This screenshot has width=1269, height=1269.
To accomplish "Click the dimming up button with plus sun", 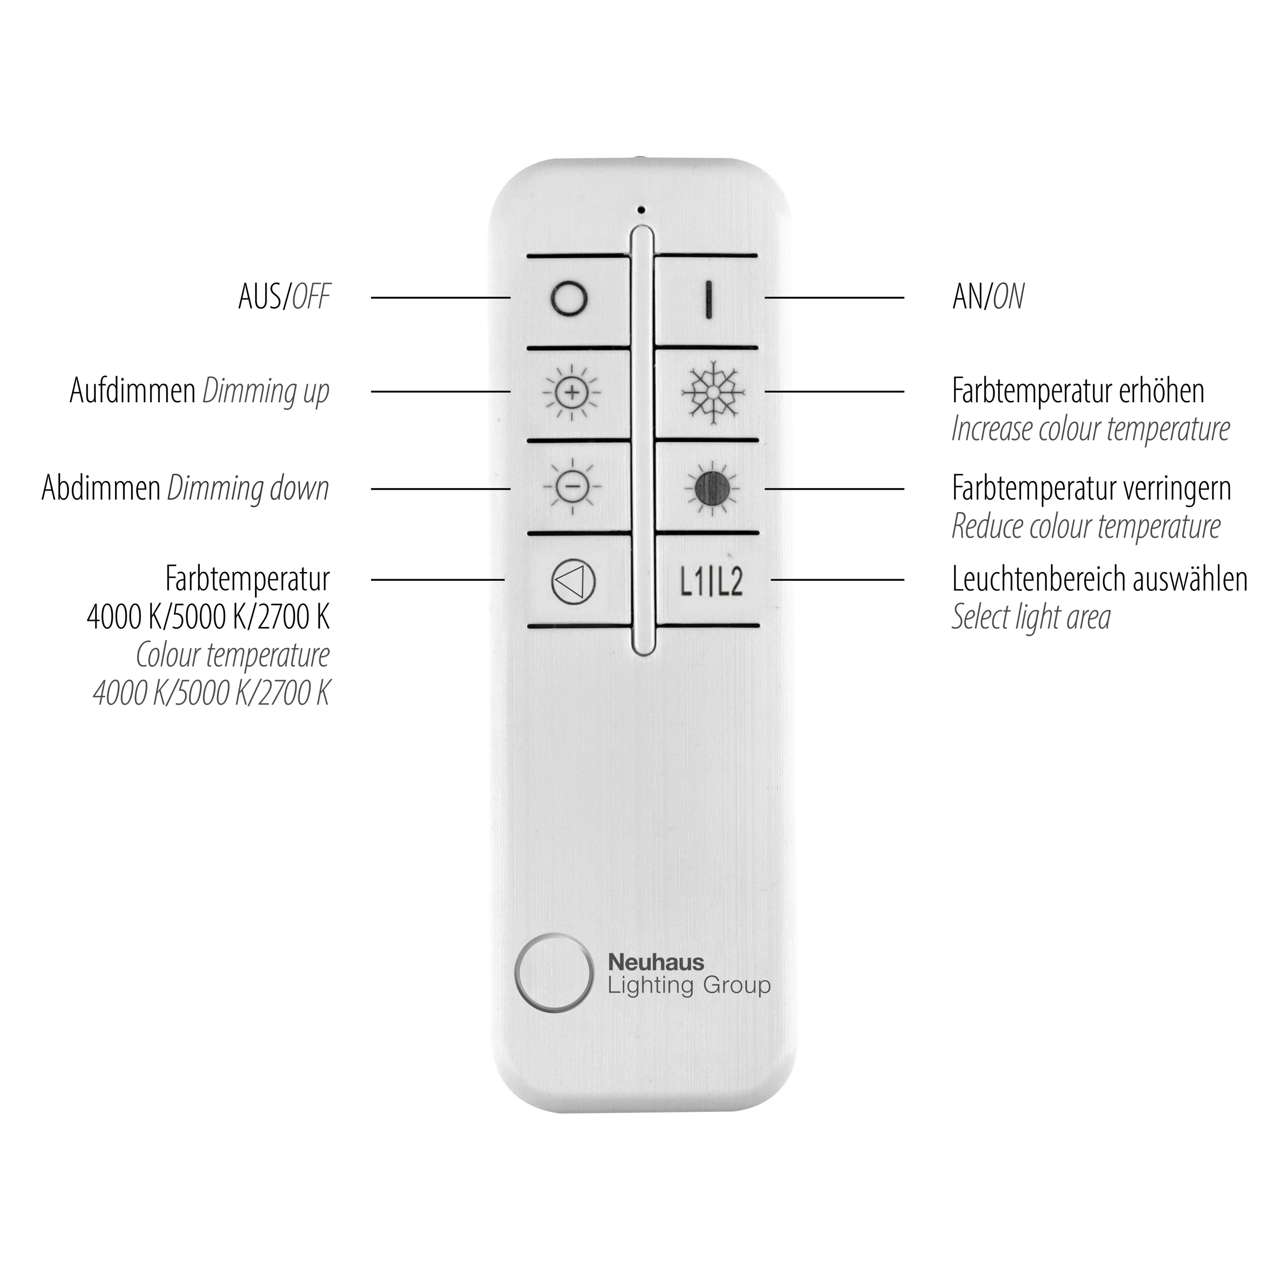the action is pyautogui.click(x=571, y=393).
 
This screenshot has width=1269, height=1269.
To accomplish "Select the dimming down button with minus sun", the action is pyautogui.click(x=571, y=486).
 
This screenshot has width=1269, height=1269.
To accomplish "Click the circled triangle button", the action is pyautogui.click(x=574, y=581).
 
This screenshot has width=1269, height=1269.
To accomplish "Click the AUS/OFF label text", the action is pyautogui.click(x=284, y=297).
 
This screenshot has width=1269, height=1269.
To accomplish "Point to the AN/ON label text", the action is pyautogui.click(x=988, y=297).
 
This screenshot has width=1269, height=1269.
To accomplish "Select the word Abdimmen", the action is pyautogui.click(x=101, y=488).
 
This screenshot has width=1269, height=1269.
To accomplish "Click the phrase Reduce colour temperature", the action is pyautogui.click(x=1086, y=526).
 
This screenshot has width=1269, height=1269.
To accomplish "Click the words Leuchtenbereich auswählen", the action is pyautogui.click(x=1099, y=580).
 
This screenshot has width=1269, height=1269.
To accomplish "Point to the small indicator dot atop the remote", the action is pyautogui.click(x=641, y=210).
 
